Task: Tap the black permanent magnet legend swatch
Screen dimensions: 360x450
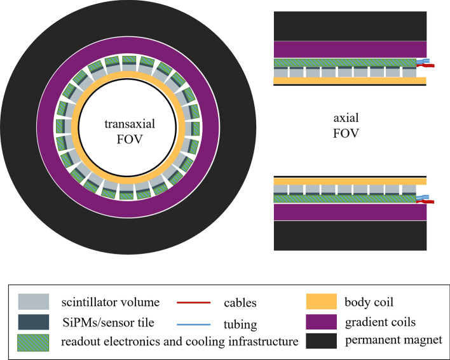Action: (323, 342)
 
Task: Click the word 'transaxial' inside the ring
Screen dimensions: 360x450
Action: (130, 124)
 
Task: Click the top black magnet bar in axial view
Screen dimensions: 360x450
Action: (349, 26)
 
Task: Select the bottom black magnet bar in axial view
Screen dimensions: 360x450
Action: (349, 236)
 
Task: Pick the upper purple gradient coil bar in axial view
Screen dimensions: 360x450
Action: (349, 50)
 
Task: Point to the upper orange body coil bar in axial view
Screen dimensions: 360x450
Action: (349, 81)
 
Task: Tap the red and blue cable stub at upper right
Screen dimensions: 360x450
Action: (424, 63)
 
